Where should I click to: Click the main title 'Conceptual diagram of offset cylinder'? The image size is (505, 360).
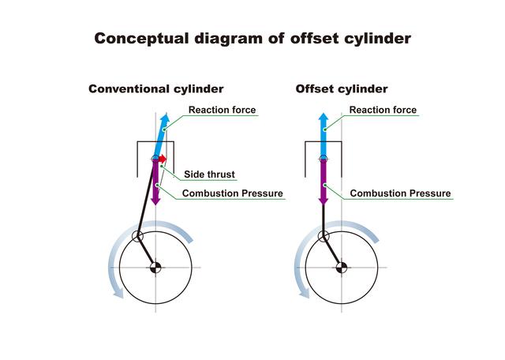252,39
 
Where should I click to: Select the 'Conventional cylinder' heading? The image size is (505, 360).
155,89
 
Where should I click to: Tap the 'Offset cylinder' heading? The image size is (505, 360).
341,89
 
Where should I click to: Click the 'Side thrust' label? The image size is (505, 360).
209,174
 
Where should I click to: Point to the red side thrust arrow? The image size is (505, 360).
162,159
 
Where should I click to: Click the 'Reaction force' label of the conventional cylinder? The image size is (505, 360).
222,110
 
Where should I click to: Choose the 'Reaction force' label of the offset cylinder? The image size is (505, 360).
383,110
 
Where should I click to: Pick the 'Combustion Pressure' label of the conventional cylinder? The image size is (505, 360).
232,193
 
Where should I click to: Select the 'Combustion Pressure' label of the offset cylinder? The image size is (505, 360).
400,193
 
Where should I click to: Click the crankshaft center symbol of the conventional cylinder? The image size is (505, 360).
156,267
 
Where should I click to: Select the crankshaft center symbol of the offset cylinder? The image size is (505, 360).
342,267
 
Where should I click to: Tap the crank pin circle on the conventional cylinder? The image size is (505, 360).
137,237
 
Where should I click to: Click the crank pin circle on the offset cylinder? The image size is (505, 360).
323,237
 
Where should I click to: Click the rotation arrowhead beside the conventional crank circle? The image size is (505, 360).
118,293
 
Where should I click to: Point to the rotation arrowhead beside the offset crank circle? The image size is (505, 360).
303,293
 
